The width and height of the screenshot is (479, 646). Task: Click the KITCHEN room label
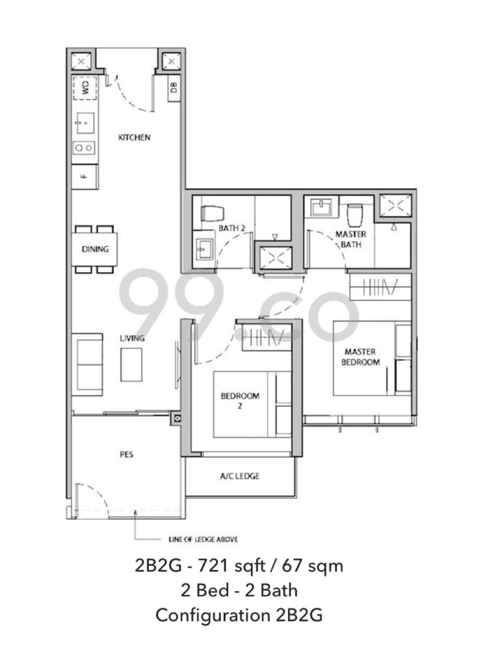click(x=134, y=137)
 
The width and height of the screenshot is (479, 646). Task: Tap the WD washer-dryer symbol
click(x=84, y=89)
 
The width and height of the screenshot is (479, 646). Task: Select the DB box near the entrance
click(x=174, y=88)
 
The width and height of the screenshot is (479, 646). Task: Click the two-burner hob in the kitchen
click(x=84, y=147)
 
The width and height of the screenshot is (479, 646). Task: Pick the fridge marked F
click(x=84, y=176)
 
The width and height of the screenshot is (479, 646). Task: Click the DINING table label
click(x=95, y=249)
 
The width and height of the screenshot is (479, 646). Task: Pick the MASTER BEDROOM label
click(x=360, y=357)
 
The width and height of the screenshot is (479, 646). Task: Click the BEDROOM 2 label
click(x=240, y=400)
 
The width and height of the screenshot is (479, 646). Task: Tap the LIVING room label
click(x=132, y=339)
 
